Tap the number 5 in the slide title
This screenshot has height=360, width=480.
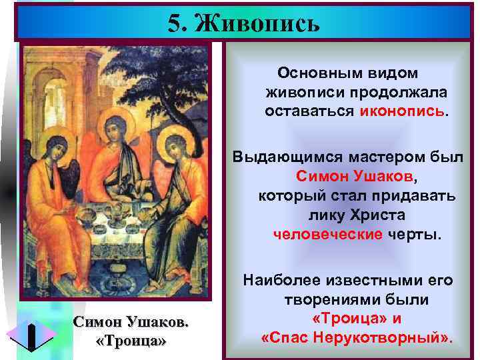[175, 24]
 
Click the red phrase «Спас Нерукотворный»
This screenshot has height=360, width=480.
[357, 338]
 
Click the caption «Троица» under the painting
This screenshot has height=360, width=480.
[131, 341]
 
